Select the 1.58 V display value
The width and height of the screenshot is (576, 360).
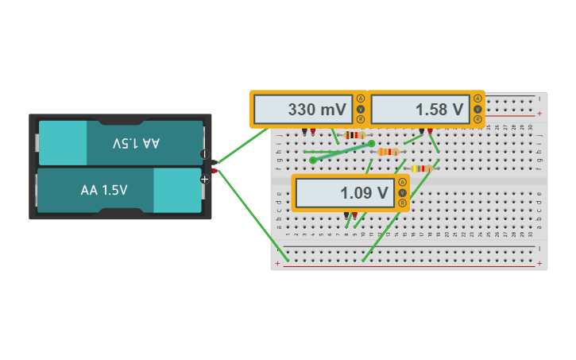[x=439, y=110]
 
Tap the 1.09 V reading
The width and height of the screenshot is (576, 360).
[x=364, y=193]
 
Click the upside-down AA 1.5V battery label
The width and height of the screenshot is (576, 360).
[x=136, y=143]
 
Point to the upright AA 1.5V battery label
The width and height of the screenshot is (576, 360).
[x=104, y=191]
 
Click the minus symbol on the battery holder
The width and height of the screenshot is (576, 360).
[x=203, y=154]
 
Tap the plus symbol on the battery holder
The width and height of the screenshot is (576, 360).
[x=204, y=180]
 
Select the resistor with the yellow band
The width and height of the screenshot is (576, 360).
[x=421, y=168]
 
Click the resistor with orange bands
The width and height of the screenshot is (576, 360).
[x=388, y=152]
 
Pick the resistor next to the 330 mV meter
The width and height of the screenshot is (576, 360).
[x=354, y=136]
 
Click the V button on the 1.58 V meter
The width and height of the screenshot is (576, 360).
[x=477, y=109]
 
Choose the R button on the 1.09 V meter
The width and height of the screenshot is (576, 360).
[x=402, y=203]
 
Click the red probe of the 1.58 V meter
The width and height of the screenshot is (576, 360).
[x=430, y=130]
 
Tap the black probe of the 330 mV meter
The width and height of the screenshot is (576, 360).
[x=304, y=130]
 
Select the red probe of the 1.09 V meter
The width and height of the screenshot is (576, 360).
[x=354, y=215]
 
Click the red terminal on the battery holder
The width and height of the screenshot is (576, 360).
[x=214, y=170]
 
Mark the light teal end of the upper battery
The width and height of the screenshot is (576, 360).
[x=63, y=143]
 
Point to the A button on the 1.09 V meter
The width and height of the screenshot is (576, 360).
[x=402, y=182]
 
